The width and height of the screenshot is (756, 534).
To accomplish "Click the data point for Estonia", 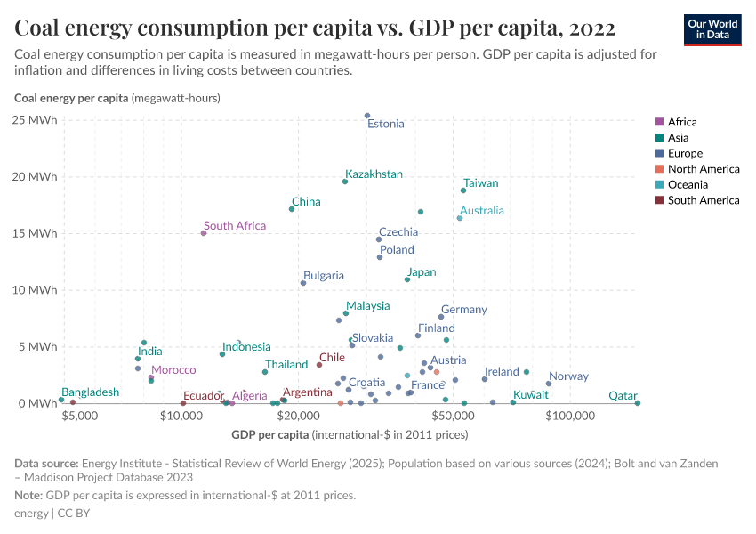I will [x=367, y=116].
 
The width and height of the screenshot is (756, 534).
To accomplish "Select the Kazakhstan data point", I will [x=345, y=182].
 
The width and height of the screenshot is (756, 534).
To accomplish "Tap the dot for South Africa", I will [x=204, y=233].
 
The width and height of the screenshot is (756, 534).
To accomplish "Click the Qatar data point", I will [x=638, y=403].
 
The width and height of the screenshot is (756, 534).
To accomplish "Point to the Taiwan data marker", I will [x=463, y=190].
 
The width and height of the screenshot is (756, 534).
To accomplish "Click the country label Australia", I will [x=481, y=211].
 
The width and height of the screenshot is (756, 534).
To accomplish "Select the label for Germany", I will [x=463, y=310].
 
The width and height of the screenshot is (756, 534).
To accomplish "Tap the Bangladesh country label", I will [x=91, y=392].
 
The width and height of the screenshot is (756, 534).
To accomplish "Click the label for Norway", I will [x=568, y=376].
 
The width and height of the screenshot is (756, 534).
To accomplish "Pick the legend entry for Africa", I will [x=682, y=122].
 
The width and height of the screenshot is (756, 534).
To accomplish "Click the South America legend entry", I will [x=703, y=200].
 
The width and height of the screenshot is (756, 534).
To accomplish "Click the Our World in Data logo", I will [x=712, y=29].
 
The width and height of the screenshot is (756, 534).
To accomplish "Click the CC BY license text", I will [x=73, y=514].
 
